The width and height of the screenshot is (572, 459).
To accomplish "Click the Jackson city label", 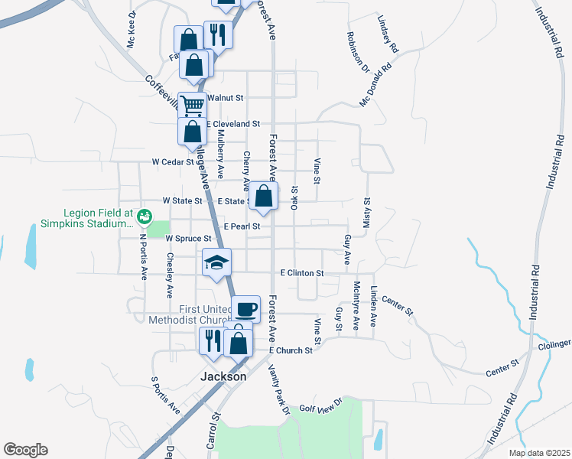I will tap(223, 376).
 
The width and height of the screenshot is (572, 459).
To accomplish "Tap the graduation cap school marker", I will tap(216, 262).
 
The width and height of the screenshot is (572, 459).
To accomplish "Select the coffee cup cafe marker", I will tap(245, 309).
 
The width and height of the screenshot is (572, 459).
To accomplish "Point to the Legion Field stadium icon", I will tap(142, 219).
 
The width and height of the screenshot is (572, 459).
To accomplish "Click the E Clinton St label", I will tap(302, 272).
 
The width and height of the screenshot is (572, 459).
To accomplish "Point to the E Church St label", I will tap(291, 350).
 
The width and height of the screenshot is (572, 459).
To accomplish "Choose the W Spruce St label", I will tap(188, 239).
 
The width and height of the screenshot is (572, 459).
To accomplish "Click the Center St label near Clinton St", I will tap(396, 306).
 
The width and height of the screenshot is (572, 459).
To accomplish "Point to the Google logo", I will tap(25, 450).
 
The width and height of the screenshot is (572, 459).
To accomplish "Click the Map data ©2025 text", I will tap(538, 453).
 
